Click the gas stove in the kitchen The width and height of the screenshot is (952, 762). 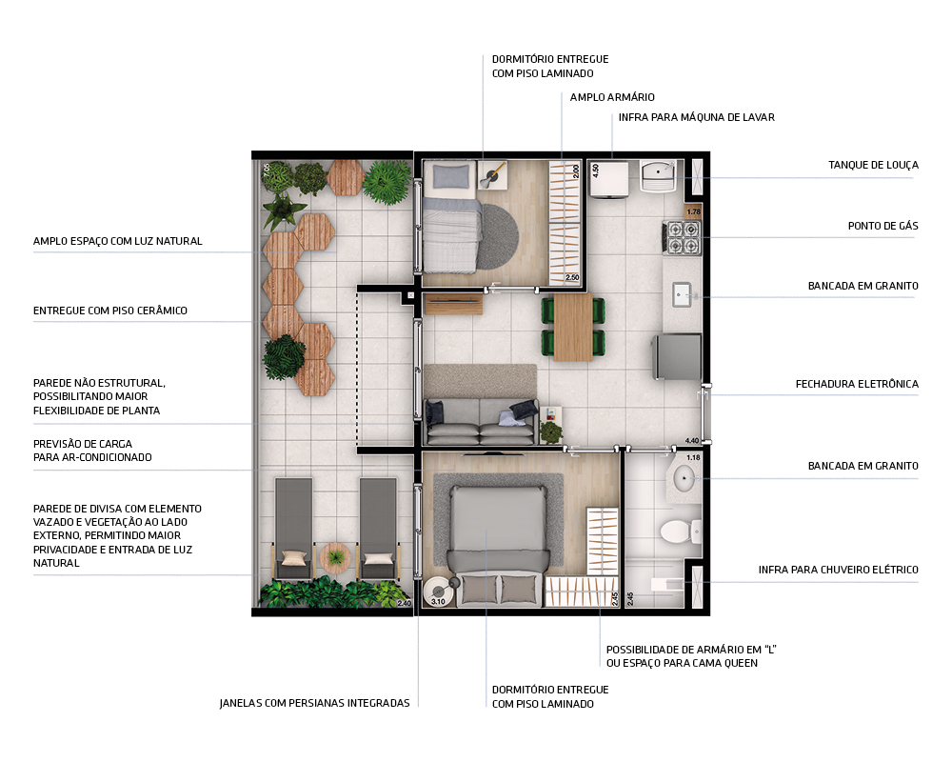pos(681,236)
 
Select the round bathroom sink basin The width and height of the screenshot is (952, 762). pos(684,478)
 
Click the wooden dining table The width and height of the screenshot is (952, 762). pos(572,327)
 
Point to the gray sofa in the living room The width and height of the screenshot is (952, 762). pos(481,419)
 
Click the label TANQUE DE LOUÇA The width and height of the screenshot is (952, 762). pos(872,165)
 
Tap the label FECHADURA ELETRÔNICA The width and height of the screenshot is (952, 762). pos(857,384)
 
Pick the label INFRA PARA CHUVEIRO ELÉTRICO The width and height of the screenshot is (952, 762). pos(838,570)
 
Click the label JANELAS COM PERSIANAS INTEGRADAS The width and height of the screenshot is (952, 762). pos(314,703)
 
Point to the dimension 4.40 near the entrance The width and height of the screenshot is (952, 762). pos(692,440)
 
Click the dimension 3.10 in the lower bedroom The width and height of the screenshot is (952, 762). pos(439,601)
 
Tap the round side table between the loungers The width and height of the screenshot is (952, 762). pos(336,557)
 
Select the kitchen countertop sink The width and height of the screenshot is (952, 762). pos(683,294)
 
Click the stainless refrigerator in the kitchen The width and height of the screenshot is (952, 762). pos(677,356)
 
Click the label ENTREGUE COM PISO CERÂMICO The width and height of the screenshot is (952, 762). pos(110,311)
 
